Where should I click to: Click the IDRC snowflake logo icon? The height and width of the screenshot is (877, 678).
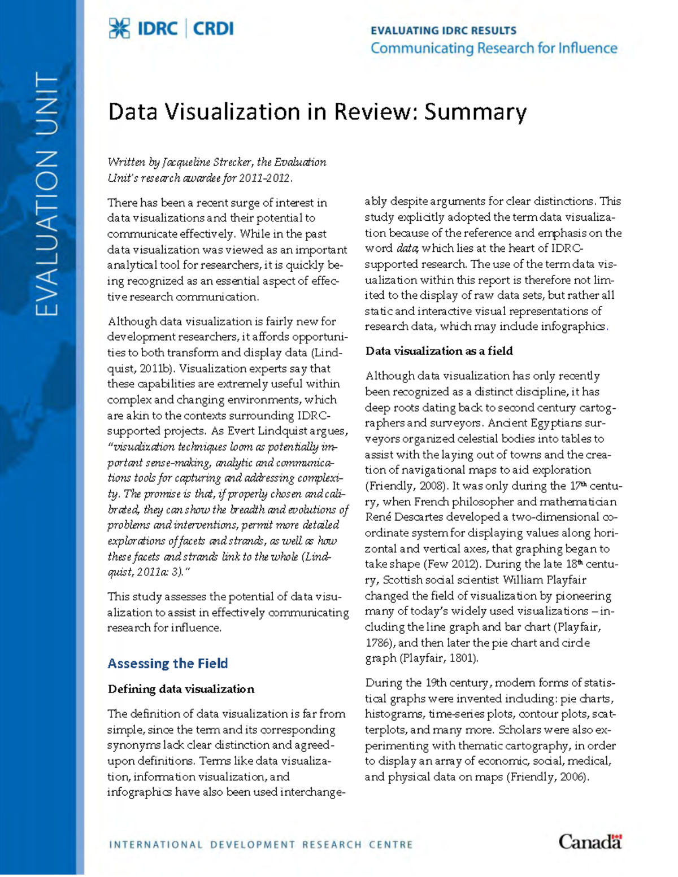[119, 28]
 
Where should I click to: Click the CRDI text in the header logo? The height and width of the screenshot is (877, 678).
[213, 28]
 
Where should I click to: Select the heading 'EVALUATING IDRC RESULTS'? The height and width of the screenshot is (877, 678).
[443, 30]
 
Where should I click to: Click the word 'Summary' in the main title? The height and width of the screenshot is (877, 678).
[475, 112]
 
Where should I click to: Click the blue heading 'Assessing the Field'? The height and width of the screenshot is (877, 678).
[168, 663]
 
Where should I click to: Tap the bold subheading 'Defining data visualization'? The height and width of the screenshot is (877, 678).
[181, 689]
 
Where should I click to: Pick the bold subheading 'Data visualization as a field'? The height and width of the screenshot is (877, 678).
[439, 351]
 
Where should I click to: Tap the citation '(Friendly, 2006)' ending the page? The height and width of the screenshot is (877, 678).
[547, 776]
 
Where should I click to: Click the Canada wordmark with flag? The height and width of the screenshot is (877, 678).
[590, 841]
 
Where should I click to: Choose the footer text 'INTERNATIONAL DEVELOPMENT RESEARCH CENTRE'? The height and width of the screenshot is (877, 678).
[260, 845]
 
